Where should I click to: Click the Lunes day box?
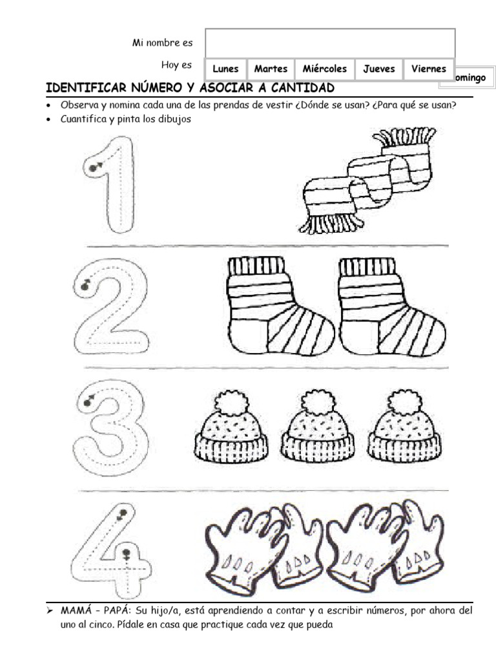225,69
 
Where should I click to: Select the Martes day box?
271,69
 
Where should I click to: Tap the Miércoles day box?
325,69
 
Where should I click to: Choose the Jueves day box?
379,69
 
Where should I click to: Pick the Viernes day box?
429,69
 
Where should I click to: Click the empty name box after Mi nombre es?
330,43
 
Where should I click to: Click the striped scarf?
367,180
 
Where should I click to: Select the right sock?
391,306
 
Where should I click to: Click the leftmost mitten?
240,549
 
